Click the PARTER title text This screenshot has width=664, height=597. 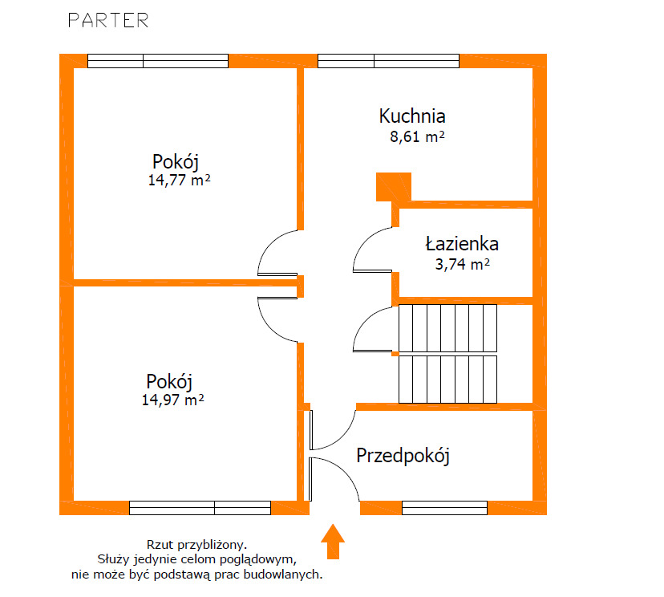tap(108, 20)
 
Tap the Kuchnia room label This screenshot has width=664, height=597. tap(412, 116)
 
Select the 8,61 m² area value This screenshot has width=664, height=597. tap(417, 137)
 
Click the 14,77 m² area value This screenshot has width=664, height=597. tap(179, 180)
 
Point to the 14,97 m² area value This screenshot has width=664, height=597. tap(172, 400)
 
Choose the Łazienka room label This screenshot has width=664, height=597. tap(462, 244)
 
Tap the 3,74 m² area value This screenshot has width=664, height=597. tap(463, 264)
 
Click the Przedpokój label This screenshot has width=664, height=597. tap(403, 456)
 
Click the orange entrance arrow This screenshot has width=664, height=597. tap(333, 542)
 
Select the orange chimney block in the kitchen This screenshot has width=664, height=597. tap(394, 186)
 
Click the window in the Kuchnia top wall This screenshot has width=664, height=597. tap(388, 61)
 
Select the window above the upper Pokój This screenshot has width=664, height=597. tap(158, 61)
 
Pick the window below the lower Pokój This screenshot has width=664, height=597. tap(200, 508)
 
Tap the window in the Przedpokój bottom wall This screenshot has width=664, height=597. tap(444, 508)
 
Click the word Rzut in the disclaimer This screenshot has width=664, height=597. tap(160, 545)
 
